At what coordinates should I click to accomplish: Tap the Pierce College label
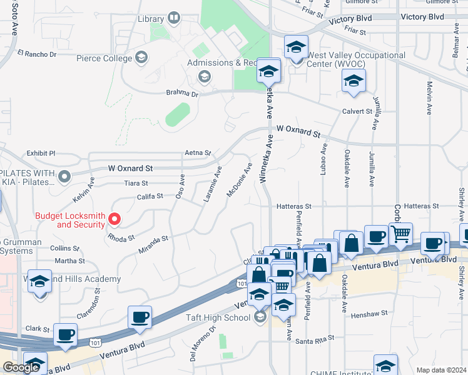[104, 58]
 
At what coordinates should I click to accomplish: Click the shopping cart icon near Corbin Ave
[400, 234]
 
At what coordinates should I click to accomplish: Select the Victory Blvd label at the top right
[422, 17]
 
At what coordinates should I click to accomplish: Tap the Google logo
[21, 367]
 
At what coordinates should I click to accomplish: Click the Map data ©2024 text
[440, 370]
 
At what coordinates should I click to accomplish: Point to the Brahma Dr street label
[181, 94]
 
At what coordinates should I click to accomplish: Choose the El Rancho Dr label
[37, 54]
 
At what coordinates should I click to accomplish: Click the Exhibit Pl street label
[41, 153]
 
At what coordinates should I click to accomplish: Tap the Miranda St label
[153, 244]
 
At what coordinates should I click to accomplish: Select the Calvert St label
[356, 111]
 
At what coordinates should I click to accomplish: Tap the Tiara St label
[136, 183]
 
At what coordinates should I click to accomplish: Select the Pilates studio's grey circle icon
[64, 178]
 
